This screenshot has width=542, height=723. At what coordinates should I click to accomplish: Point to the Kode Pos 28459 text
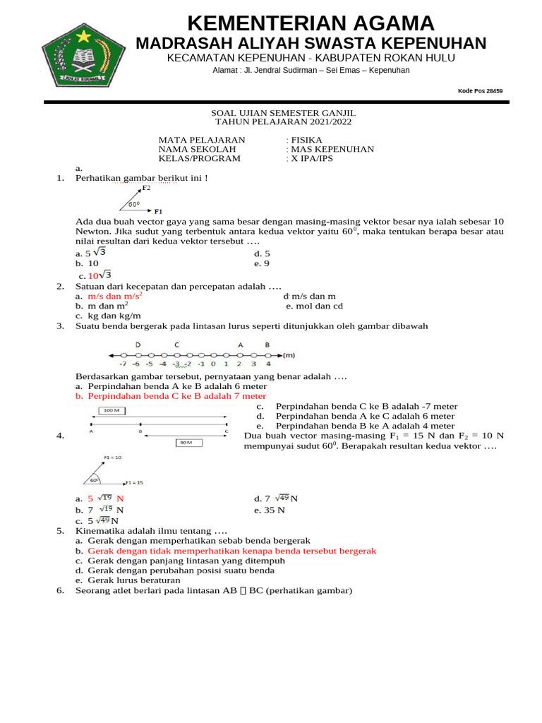pyautogui.click(x=480, y=91)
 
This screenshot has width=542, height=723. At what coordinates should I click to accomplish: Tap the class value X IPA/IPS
pyautogui.click(x=312, y=158)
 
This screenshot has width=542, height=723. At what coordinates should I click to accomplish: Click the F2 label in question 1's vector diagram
pyautogui.click(x=146, y=189)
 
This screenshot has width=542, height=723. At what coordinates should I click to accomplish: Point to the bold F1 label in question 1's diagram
pyautogui.click(x=158, y=211)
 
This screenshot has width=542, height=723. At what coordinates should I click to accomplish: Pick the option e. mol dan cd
pyautogui.click(x=314, y=306)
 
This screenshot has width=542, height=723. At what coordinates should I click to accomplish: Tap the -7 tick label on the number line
pyautogui.click(x=123, y=364)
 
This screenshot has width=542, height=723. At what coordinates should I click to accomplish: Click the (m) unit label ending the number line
pyautogui.click(x=289, y=354)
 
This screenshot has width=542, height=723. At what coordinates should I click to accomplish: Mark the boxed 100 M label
pyautogui.click(x=112, y=410)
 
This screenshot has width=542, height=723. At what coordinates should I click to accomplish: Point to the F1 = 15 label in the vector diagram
pyautogui.click(x=134, y=483)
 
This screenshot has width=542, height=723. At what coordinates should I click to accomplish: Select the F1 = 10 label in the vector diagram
pyautogui.click(x=113, y=458)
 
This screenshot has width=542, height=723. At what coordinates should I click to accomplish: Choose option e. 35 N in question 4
pyautogui.click(x=270, y=509)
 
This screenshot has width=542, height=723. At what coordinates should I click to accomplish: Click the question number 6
pyautogui.click(x=60, y=590)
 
